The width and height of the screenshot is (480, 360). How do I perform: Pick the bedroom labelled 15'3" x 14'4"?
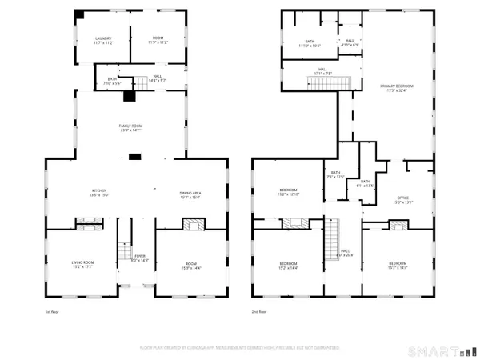[398, 266]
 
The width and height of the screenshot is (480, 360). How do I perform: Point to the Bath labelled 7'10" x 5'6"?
[114, 81]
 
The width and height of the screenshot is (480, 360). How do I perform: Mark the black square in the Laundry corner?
[79, 15]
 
